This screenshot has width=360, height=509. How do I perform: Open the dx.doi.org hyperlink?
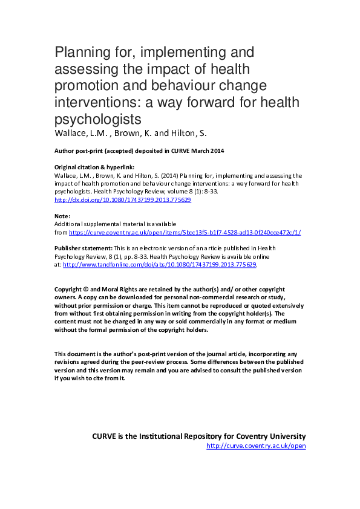pos(123,199)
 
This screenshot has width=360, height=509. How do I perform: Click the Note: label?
pos(62,216)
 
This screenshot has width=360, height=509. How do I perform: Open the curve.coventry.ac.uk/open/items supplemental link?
pos(185,232)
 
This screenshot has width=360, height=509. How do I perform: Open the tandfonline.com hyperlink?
pos(160,264)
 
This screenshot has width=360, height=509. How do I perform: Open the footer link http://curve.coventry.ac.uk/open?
pos(256,446)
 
